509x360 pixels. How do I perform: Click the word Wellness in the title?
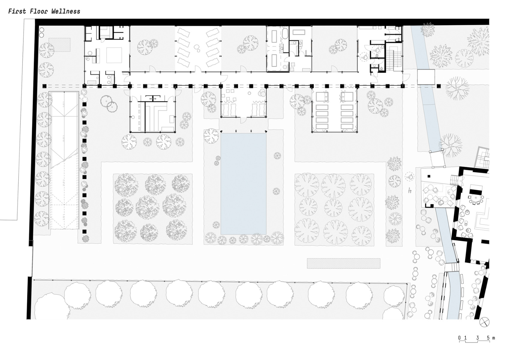(x=66, y=12)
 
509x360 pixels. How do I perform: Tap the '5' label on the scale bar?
(x=488, y=338)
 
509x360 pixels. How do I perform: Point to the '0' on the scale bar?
(x=459, y=338)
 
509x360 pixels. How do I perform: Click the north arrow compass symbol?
(x=484, y=322)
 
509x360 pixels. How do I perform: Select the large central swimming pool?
(x=243, y=184)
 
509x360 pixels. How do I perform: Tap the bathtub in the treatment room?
(x=285, y=33)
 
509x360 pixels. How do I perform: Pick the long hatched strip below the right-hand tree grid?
(x=343, y=263)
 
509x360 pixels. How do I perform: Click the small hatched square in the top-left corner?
(x=59, y=44)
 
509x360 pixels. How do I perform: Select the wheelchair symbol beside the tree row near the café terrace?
(x=409, y=177)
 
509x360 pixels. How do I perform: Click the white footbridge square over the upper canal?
(x=426, y=77)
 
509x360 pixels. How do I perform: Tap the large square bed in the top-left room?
(x=114, y=55)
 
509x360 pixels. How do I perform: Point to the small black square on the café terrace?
(x=429, y=176)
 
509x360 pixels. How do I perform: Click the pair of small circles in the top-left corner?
(x=42, y=32)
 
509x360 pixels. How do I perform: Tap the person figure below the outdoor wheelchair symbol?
(x=409, y=190)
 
